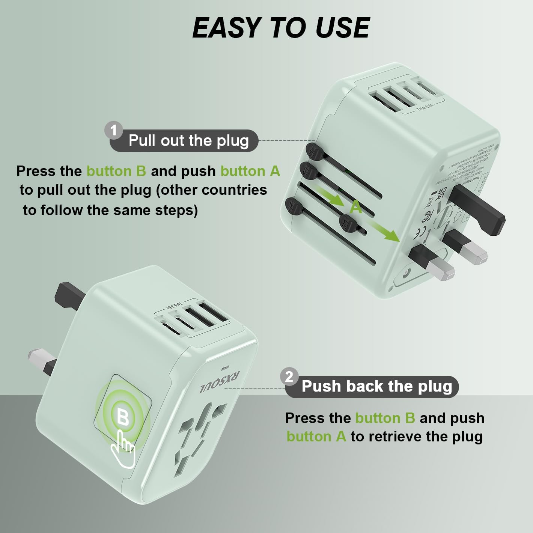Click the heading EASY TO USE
click(281, 28)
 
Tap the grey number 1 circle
click(113, 131)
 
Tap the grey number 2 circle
click(289, 376)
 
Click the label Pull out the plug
click(188, 141)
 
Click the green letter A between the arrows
click(356, 207)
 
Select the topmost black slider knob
click(315, 151)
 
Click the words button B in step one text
click(116, 171)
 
